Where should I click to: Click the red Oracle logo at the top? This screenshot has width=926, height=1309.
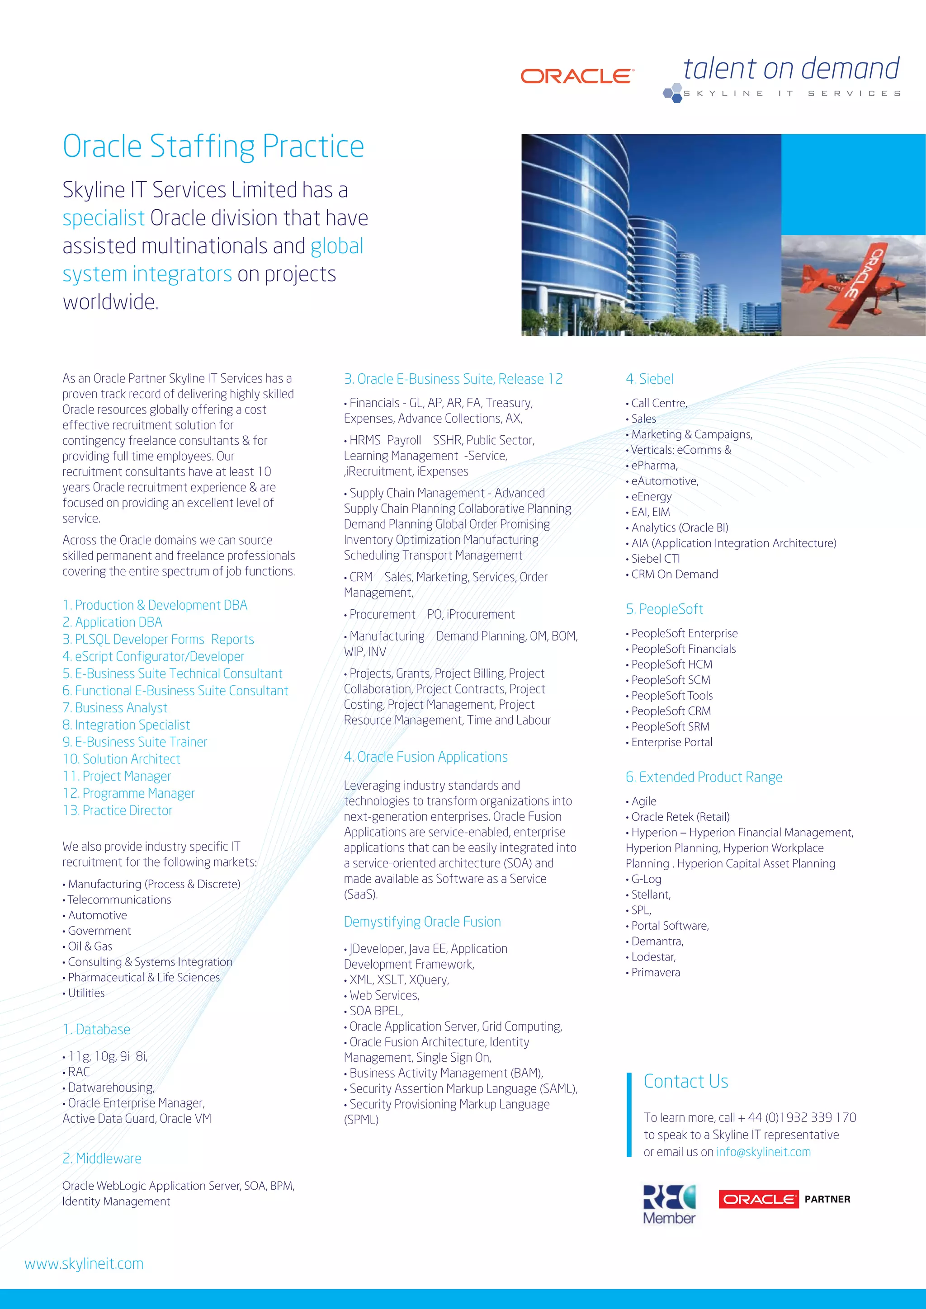576,76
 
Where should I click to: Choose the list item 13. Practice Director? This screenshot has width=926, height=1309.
118,810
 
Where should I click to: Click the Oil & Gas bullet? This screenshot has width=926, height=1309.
90,946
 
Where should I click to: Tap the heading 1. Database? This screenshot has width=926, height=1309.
96,1029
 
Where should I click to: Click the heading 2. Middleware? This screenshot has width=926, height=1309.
102,1158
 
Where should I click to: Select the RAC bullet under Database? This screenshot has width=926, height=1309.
79,1072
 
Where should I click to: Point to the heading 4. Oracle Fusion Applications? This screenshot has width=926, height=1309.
425,757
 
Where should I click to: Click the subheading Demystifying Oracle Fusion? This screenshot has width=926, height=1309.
422,921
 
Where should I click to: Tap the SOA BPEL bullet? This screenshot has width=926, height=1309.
376,1011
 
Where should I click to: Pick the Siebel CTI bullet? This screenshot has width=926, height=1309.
655,559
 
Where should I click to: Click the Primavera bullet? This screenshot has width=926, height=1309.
655,972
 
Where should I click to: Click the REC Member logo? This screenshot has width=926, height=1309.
670,1204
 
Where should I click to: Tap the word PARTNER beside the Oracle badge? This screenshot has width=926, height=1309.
827,1199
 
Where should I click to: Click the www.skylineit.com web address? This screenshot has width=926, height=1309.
84,1263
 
